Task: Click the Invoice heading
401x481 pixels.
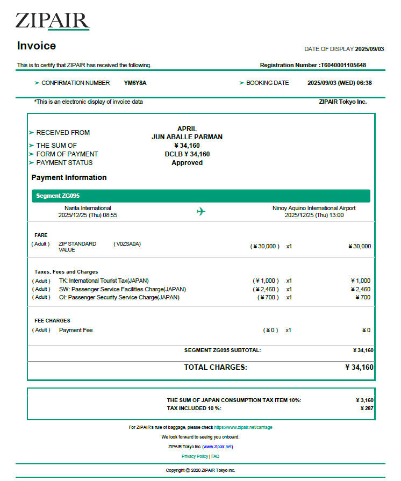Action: coord(37,46)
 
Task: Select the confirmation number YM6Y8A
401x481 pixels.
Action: coord(135,83)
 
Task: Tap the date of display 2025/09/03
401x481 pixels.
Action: coord(369,49)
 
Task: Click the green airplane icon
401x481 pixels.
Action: coord(201,211)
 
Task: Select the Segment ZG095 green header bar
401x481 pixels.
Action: coord(200,196)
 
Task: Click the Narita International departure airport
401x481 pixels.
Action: coord(88,208)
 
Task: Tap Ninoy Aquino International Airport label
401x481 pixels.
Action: coord(314,208)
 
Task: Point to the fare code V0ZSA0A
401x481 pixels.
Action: coord(127,243)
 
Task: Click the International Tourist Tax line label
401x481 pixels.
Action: coord(104,281)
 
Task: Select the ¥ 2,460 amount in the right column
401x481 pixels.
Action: coord(360,289)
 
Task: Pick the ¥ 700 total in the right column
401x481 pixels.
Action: coord(363,297)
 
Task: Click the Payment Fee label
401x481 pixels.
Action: coord(76,330)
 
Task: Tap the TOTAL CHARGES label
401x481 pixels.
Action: coord(216,368)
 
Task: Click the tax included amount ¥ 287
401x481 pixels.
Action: coord(367,408)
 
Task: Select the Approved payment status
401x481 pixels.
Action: coord(187,162)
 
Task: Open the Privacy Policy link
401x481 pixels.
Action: coord(195,456)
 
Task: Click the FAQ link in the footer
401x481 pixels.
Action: coord(215,456)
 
